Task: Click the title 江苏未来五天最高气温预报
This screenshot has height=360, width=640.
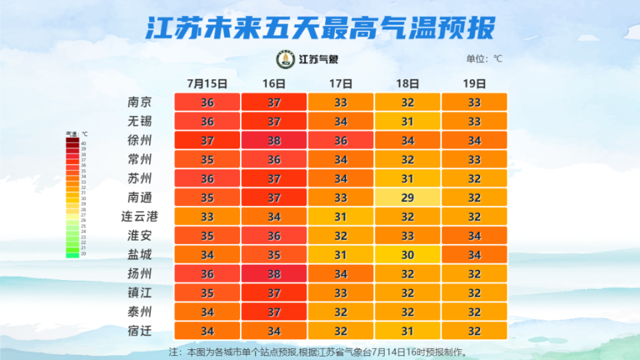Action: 320,29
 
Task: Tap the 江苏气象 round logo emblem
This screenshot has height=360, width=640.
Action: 287,59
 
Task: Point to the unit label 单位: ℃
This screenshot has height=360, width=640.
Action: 484,59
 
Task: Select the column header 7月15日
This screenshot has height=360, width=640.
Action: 207,84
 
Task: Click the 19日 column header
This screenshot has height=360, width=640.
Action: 474,84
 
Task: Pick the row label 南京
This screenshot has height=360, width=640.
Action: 139,103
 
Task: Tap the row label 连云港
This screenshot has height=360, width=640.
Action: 139,217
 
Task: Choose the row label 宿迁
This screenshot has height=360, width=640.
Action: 139,331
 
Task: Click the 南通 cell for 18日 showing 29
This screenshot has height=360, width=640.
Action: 407,198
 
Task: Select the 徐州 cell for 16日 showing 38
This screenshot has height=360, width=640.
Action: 274,141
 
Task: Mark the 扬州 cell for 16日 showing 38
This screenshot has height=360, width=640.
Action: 274,274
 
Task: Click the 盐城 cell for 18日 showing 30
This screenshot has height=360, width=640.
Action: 407,255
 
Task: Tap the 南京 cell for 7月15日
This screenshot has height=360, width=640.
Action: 207,103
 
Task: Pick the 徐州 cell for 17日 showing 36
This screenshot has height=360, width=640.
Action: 341,141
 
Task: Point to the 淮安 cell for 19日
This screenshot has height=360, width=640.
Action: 474,236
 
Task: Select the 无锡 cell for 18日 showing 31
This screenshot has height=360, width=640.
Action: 407,122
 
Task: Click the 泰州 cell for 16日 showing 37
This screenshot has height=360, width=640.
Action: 274,312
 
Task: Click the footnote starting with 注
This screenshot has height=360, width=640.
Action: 318,351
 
